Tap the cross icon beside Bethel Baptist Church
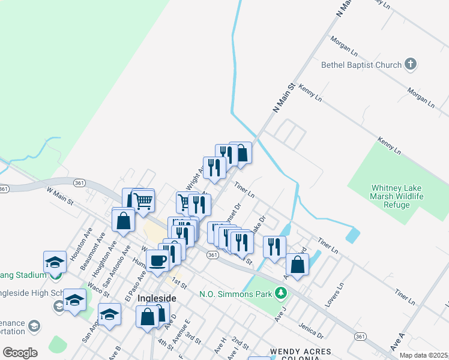411,64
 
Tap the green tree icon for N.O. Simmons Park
280,293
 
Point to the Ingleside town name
157,298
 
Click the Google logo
20,352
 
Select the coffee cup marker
158,261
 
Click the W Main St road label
59,196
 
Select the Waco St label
97,288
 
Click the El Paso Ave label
135,283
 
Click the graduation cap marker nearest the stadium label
55,262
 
